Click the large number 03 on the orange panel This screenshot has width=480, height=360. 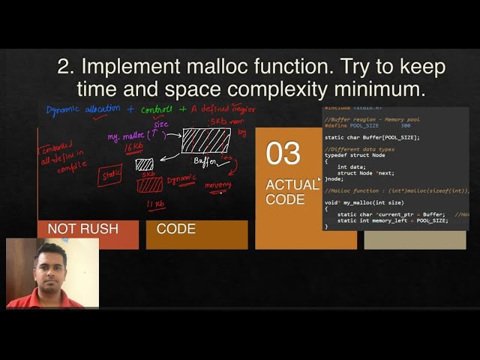[x=283, y=154]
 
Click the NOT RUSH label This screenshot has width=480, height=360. [x=82, y=229]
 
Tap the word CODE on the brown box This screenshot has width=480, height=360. [x=176, y=229]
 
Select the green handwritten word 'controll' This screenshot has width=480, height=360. [x=157, y=109]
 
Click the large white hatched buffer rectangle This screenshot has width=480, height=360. [x=206, y=140]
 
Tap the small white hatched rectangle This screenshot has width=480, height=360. [x=145, y=164]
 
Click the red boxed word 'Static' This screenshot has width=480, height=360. [x=110, y=175]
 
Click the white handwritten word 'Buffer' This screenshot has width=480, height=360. [x=207, y=161]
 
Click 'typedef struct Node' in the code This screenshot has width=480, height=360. [x=351, y=154]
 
